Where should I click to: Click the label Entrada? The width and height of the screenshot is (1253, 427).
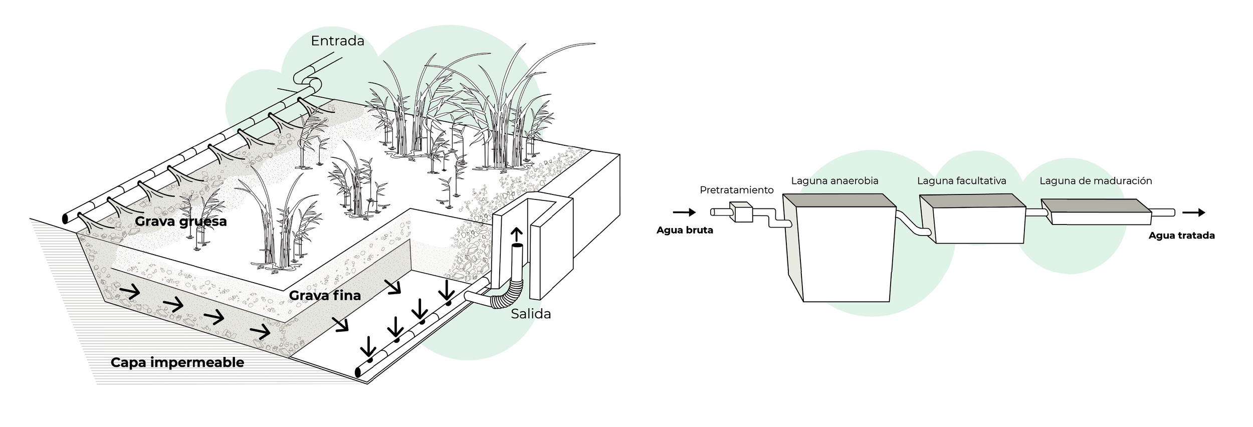pos(337,41)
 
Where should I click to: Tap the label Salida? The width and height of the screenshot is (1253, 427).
pos(531,314)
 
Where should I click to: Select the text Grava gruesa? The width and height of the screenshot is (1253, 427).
pos(180,222)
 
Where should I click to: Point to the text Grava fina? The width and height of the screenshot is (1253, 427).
pos(325,296)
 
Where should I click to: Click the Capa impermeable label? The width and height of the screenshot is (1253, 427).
pos(177,363)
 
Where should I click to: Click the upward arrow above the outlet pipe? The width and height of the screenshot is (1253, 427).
pos(516,235)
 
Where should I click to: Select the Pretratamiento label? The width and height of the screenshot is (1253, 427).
pos(736,190)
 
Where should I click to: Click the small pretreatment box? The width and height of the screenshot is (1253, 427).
pos(741,212)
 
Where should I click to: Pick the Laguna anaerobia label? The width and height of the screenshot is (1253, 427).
pos(834,181)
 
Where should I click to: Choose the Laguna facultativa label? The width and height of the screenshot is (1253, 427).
pos(961,181)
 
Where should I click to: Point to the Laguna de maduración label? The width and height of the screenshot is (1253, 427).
pos(1095,181)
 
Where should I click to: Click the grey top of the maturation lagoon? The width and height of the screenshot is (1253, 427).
pos(1096,205)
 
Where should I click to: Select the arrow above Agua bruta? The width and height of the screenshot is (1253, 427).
pos(684,212)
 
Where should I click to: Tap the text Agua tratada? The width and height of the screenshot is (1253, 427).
pos(1181,236)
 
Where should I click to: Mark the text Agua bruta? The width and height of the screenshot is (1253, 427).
pos(684,231)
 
